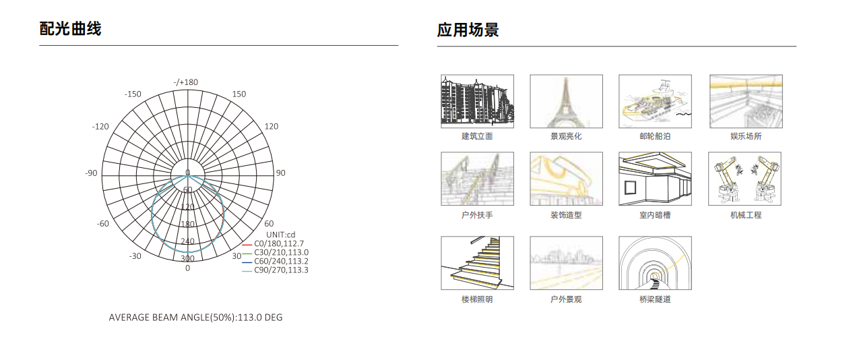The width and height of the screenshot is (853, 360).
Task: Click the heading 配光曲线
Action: (x=71, y=29)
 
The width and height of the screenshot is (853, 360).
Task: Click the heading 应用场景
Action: (x=468, y=30)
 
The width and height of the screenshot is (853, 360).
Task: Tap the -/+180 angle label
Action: (x=186, y=82)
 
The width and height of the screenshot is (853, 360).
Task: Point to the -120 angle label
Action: (x=100, y=127)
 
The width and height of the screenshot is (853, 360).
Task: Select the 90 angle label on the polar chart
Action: (x=281, y=173)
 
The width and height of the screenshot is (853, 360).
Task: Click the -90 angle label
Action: (x=92, y=173)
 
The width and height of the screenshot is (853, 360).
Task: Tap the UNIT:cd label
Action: (x=281, y=235)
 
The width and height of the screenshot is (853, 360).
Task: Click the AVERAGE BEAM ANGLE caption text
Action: (x=196, y=318)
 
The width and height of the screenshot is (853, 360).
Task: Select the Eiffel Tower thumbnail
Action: (x=566, y=101)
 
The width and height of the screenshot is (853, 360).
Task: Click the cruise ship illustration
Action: (x=655, y=101)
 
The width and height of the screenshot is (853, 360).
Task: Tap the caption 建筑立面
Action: (x=477, y=136)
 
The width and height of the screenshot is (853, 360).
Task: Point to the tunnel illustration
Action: (x=655, y=263)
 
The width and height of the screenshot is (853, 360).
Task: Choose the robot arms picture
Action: (x=745, y=179)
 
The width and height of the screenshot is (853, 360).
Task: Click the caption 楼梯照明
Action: (x=477, y=299)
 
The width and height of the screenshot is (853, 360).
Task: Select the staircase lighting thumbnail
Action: (x=477, y=263)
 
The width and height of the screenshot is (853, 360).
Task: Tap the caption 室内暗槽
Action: (x=655, y=215)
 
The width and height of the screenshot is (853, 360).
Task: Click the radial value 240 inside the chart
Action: (x=188, y=241)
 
